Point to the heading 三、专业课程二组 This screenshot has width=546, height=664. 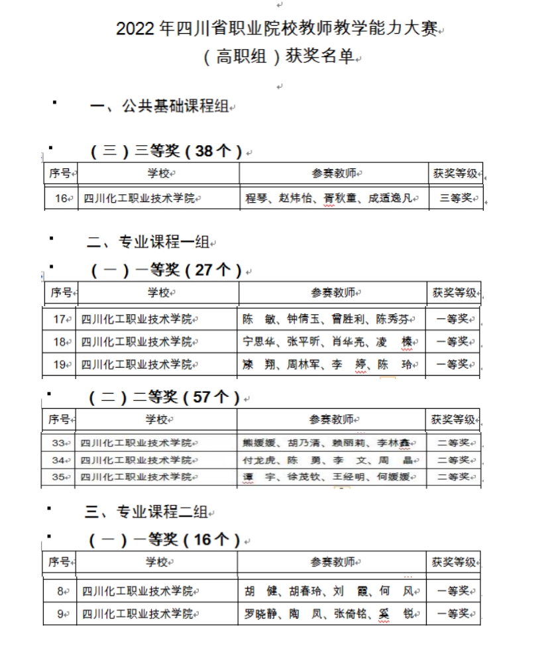[147, 511]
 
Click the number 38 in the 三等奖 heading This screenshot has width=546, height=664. [205, 151]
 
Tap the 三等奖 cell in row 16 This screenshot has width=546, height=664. [455, 198]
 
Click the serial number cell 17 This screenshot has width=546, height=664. [60, 319]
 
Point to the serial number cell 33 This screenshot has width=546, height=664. [60, 443]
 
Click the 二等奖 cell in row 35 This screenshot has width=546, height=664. [454, 476]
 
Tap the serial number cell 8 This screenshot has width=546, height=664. [60, 591]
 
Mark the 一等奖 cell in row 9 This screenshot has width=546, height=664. [454, 614]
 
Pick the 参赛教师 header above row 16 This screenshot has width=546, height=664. [335, 174]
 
